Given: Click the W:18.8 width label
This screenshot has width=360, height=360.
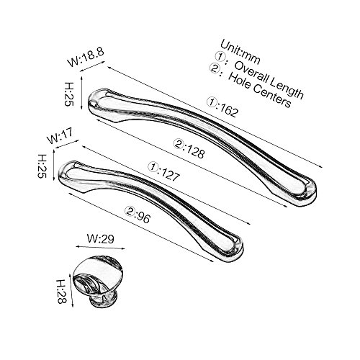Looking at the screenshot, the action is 86,57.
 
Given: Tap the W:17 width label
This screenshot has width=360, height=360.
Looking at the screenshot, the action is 60,136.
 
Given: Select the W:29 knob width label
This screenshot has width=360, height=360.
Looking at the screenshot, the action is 100,239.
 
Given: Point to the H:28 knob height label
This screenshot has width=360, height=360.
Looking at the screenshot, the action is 61,291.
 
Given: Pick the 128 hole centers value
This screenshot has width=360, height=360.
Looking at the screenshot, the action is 195,150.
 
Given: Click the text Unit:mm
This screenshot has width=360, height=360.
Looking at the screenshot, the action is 240,53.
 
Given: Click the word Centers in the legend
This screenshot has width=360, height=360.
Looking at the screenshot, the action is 272,95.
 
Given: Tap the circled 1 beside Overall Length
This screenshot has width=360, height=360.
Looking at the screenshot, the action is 219,56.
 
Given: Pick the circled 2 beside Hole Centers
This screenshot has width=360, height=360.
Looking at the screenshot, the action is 213,68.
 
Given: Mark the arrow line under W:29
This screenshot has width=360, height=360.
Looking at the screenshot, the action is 100,248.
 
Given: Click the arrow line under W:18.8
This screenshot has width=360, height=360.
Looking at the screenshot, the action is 92,66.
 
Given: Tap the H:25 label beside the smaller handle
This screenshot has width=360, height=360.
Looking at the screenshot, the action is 42,166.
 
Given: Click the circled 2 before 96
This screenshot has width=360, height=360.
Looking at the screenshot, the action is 129,211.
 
